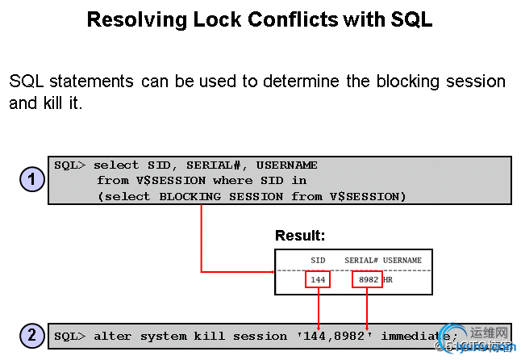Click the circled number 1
pyautogui.click(x=31, y=179)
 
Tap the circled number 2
pyautogui.click(x=31, y=334)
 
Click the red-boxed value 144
pyautogui.click(x=319, y=279)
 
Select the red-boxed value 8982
pyautogui.click(x=367, y=279)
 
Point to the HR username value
pyautogui.click(x=389, y=279)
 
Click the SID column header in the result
pyautogui.click(x=319, y=261)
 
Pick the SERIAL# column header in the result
pyautogui.click(x=361, y=261)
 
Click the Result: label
pyautogui.click(x=300, y=236)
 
